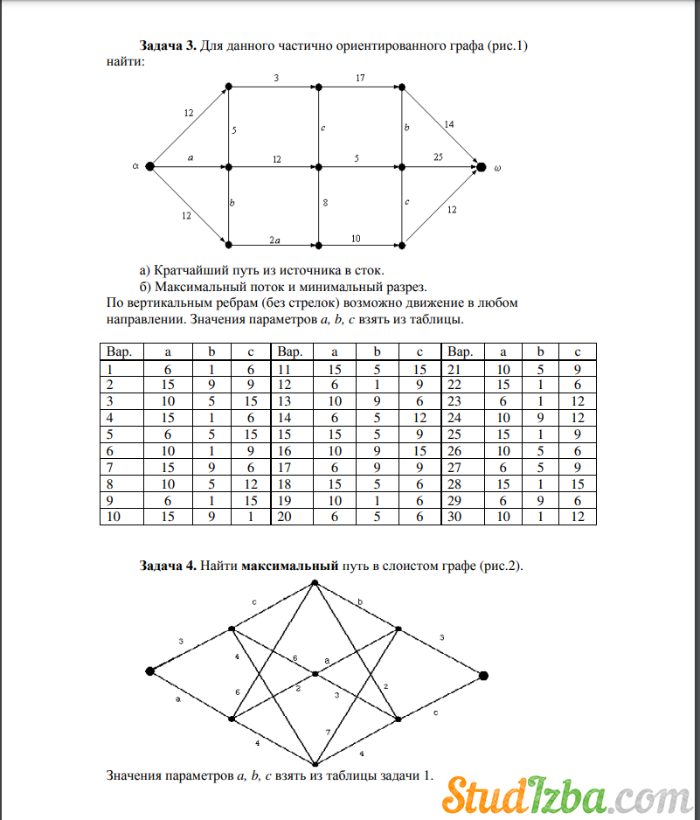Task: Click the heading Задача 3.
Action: pyautogui.click(x=168, y=45)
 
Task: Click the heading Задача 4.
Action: pyautogui.click(x=168, y=566)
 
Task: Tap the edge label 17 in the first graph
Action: pyautogui.click(x=360, y=78)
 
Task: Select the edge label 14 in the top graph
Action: pyautogui.click(x=448, y=124)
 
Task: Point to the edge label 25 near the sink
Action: pyautogui.click(x=438, y=157)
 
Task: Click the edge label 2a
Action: pyautogui.click(x=275, y=238)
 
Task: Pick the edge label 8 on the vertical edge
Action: pyautogui.click(x=325, y=203)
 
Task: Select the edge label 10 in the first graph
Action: pyautogui.click(x=357, y=237)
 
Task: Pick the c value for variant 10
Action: pyautogui.click(x=250, y=516)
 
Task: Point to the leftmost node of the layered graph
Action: pyautogui.click(x=149, y=671)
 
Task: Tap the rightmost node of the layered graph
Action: pyautogui.click(x=482, y=675)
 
